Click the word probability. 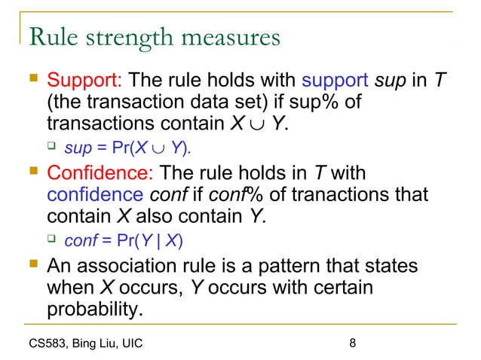pyautogui.click(x=94, y=309)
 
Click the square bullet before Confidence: pyautogui.click(x=31, y=174)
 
